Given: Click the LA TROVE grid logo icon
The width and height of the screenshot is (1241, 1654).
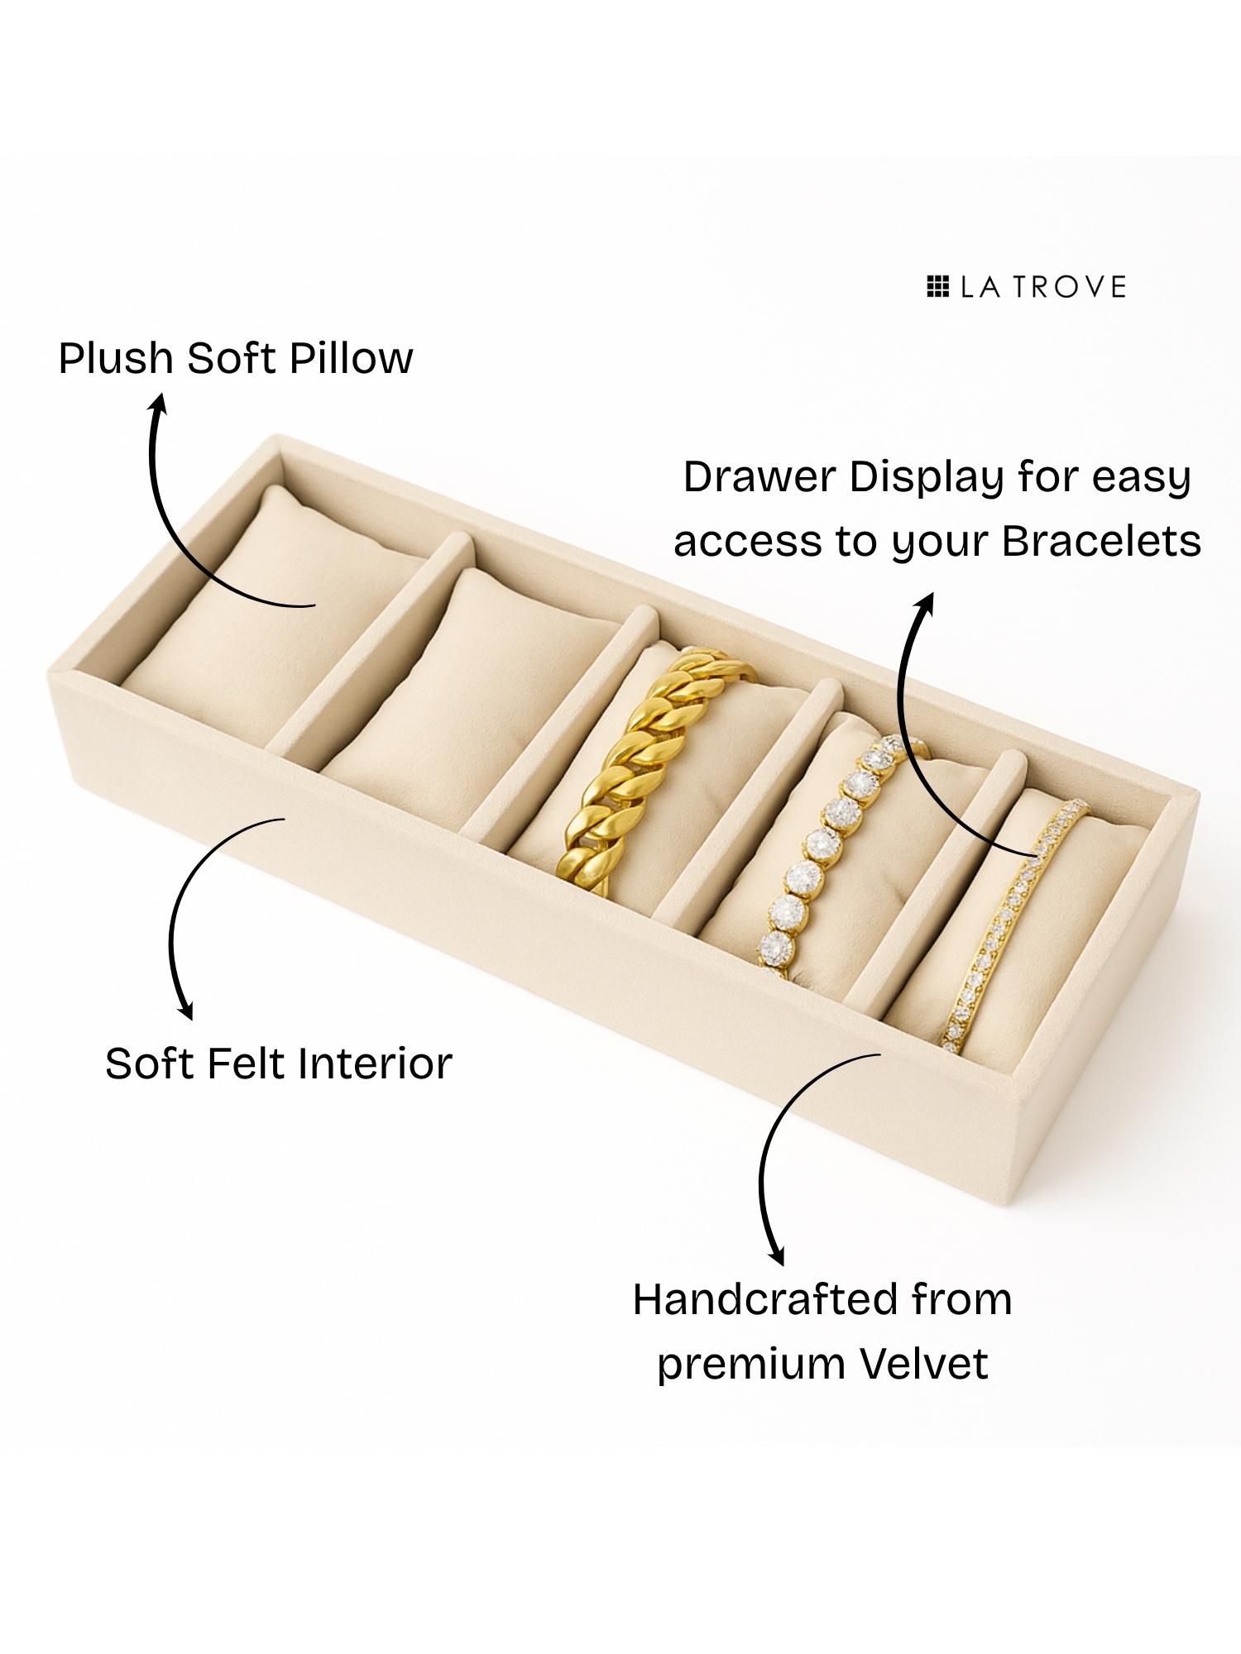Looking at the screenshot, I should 937,287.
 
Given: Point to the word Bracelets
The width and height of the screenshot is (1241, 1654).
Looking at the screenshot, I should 1101,543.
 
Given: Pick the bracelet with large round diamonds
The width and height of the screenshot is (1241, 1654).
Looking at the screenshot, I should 819,860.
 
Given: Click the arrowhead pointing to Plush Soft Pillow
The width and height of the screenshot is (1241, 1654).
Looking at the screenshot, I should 157,403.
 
